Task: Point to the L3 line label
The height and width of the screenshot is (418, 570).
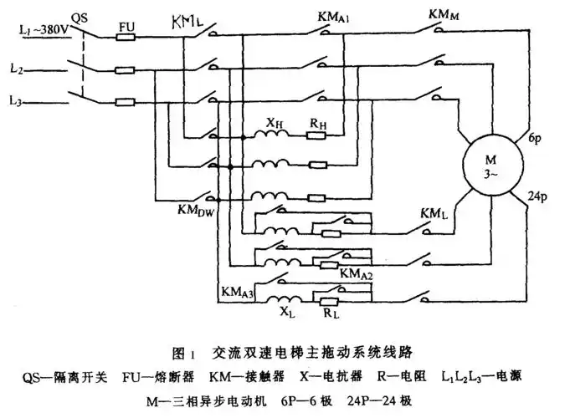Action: click(x=17, y=99)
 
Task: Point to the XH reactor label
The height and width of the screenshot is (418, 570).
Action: click(x=275, y=125)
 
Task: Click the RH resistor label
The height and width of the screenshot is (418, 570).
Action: click(x=318, y=125)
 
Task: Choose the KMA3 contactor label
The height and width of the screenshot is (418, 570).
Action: click(x=237, y=291)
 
